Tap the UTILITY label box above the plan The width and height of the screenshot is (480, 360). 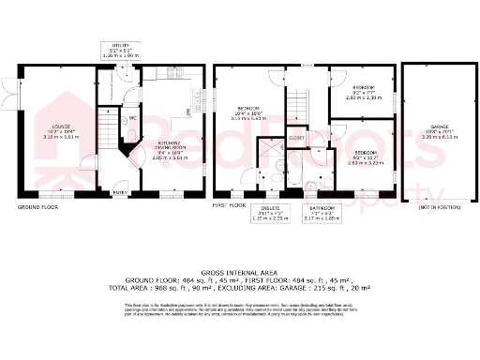pyautogui.click(x=119, y=52)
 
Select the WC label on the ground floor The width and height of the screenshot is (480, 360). pyautogui.click(x=133, y=119)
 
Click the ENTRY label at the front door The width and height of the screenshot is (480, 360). pyautogui.click(x=120, y=193)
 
